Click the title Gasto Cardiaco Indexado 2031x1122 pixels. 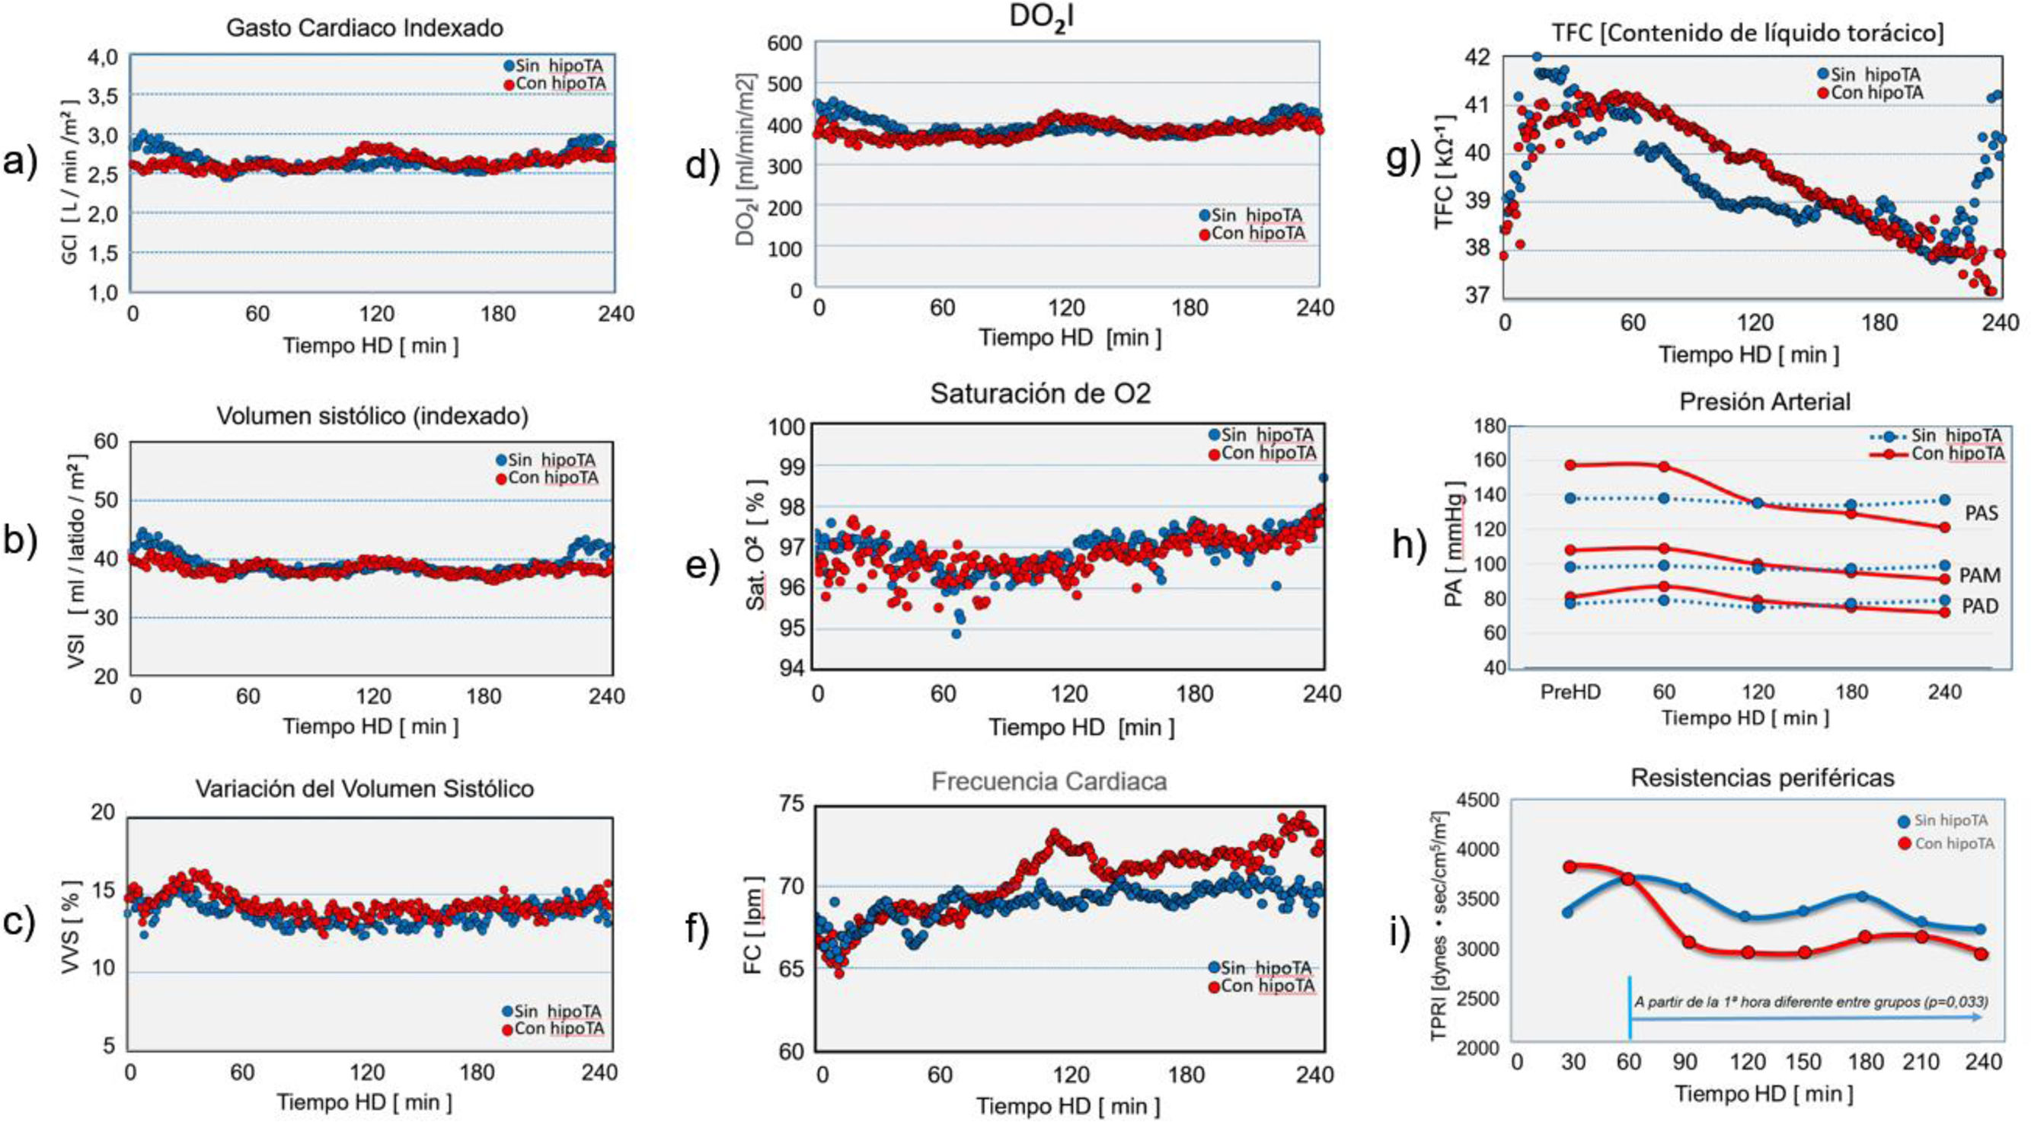point(364,28)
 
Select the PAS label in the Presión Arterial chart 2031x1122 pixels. point(1981,514)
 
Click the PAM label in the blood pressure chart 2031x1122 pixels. point(1980,576)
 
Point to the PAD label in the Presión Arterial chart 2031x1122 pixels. point(1980,606)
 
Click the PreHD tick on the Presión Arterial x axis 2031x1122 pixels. point(1570,693)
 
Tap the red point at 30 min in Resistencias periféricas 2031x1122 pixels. point(1569,867)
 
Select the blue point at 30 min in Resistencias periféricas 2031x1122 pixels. point(1567,913)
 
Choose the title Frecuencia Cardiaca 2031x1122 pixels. point(1049,782)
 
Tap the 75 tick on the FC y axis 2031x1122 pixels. point(791,804)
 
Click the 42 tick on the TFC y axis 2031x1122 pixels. point(1478,57)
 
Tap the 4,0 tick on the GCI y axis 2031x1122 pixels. point(103,57)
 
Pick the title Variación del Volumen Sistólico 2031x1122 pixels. point(365,788)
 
